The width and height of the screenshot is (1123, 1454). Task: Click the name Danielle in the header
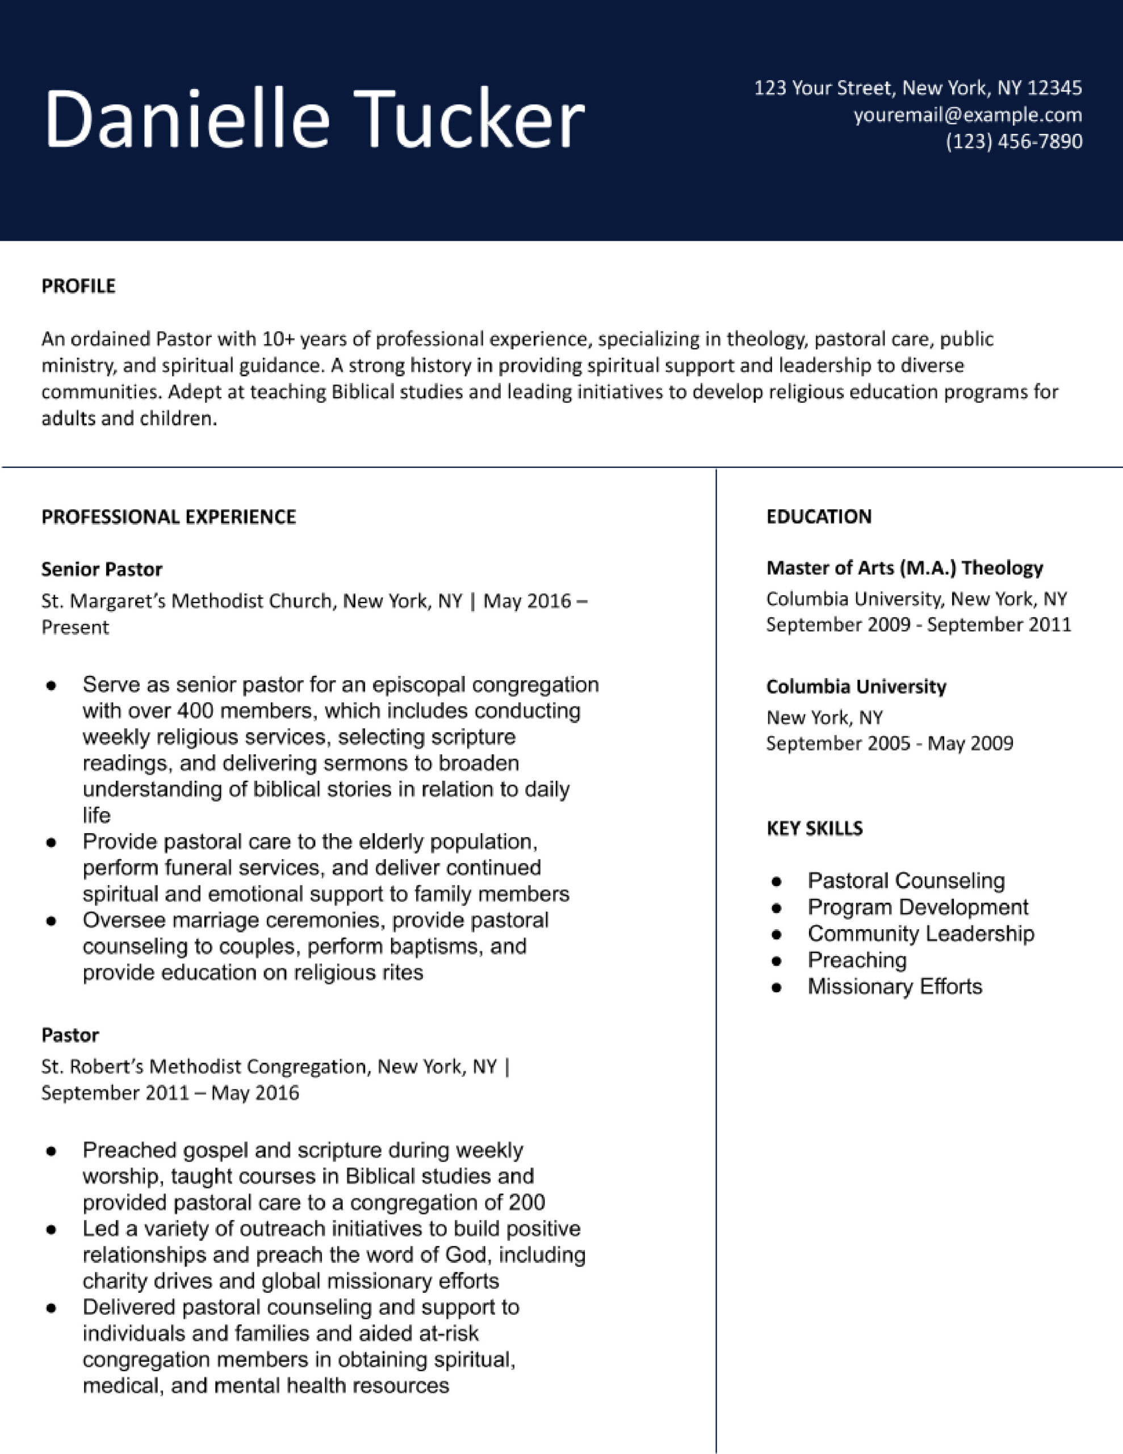pos(186,120)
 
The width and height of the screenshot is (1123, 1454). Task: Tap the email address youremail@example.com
pos(967,115)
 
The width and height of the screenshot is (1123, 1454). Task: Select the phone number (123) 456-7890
pos(1013,141)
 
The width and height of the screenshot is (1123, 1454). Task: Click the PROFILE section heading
pos(78,286)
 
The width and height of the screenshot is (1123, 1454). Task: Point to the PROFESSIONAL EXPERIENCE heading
pos(169,517)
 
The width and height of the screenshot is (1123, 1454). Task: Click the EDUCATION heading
pos(818,517)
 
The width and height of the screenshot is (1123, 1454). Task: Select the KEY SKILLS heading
pos(814,828)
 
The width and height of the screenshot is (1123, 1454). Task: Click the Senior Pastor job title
pos(101,569)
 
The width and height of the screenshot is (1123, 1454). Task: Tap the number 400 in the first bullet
pos(194,711)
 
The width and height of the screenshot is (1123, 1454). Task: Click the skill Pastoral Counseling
pos(906,881)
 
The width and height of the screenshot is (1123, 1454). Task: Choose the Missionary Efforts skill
pos(894,986)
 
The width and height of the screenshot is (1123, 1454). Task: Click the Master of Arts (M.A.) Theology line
pos(904,568)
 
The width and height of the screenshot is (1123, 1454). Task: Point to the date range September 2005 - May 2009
pos(889,743)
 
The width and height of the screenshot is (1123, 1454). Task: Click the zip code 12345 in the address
pos(1054,88)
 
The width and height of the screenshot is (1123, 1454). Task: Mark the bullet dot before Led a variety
pos(51,1230)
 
